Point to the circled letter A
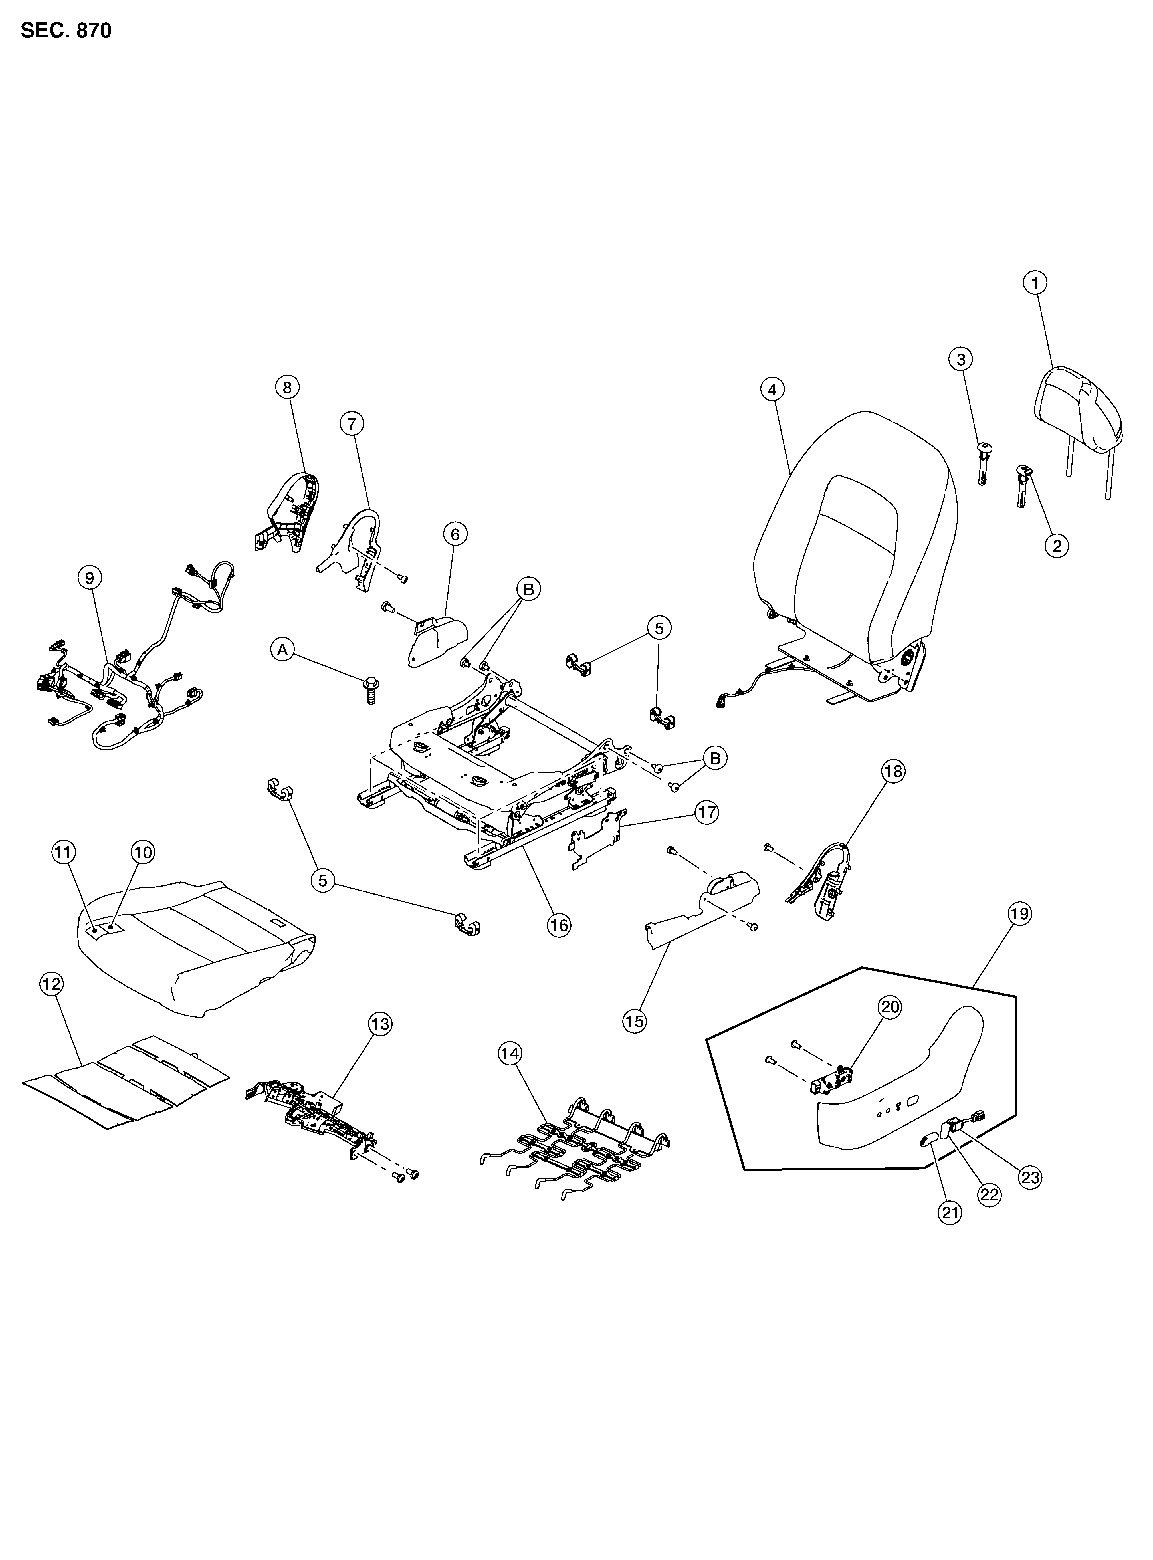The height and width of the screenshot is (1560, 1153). (282, 650)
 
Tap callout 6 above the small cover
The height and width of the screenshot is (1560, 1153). (455, 535)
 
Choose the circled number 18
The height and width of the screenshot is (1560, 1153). (893, 771)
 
